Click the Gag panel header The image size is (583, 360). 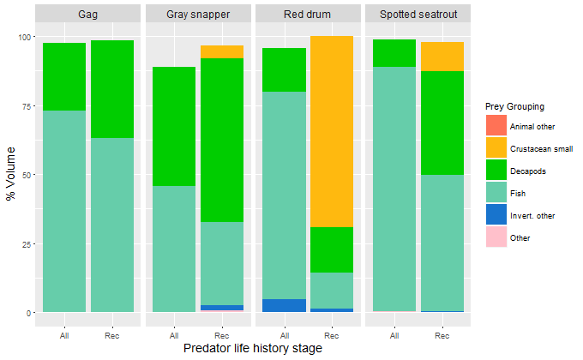pos(87,15)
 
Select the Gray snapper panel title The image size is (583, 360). pos(198,15)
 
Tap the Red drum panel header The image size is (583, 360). pos(308,15)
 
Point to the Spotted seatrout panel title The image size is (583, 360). pos(418,15)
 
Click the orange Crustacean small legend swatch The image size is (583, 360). pos(496,148)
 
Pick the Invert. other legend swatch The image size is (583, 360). pos(496,215)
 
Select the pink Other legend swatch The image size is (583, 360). pos(496,237)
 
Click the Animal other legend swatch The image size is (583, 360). pos(496,126)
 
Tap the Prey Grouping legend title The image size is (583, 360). pos(514,106)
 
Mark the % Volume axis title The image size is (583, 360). pos(11,175)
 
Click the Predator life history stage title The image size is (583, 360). pos(253,348)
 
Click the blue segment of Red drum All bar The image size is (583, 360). pos(284,306)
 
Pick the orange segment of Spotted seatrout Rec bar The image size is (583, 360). pos(442,57)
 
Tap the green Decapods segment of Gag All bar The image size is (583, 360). pos(64,77)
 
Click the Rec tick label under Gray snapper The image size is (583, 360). pos(222,335)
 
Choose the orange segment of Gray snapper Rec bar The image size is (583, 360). pos(222,52)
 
